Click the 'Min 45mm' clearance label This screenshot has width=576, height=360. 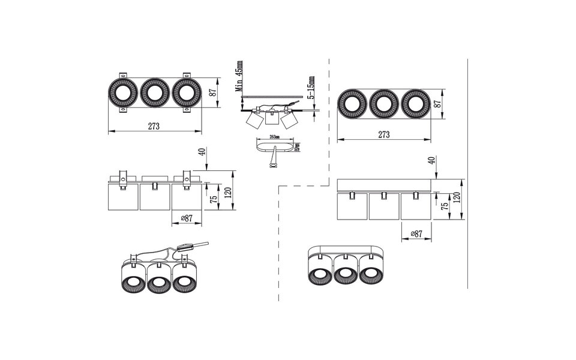240,76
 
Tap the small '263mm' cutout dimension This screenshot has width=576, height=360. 277,137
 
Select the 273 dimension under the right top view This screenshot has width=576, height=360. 384,134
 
